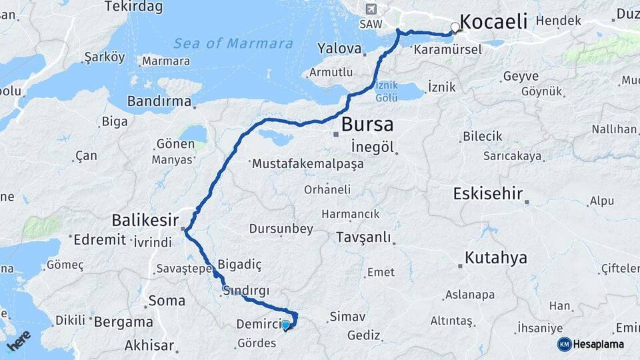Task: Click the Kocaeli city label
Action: (493, 21)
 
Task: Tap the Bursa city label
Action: (367, 125)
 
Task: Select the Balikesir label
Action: (145, 219)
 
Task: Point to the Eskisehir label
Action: (487, 194)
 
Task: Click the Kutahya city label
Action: (496, 257)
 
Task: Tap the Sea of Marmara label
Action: (233, 44)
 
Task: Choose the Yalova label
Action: (339, 49)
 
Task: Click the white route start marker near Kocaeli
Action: (455, 28)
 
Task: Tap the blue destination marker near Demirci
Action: (285, 325)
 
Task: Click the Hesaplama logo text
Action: (598, 344)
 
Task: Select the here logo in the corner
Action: (18, 340)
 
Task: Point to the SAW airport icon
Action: (371, 9)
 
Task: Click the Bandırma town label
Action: (158, 103)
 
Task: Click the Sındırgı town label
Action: (247, 291)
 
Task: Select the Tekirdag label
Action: (132, 7)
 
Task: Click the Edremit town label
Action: (99, 239)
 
